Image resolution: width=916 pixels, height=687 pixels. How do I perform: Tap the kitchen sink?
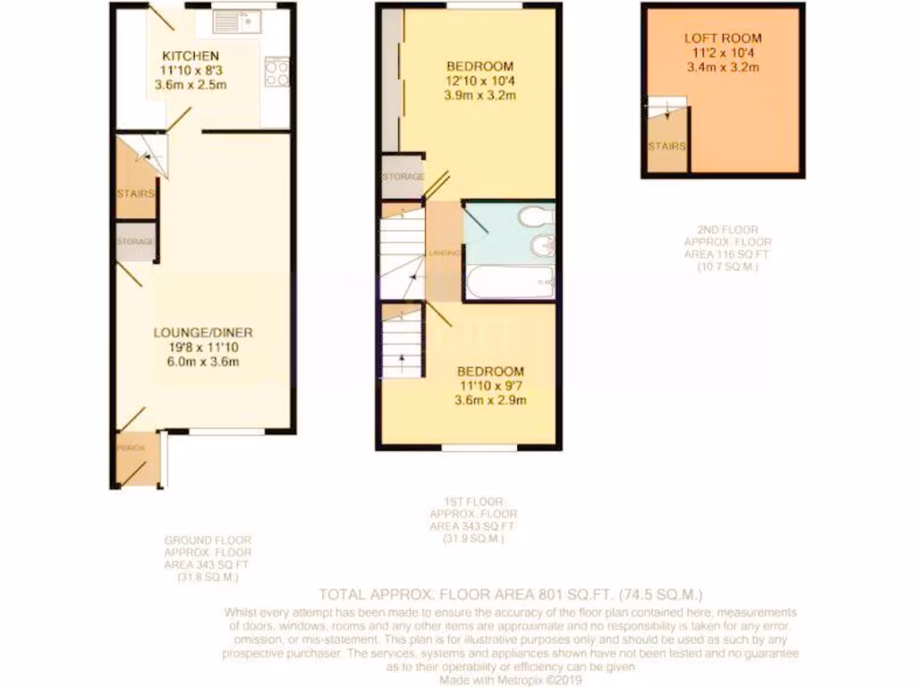(235, 19)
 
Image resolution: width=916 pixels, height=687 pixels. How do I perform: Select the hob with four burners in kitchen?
(277, 71)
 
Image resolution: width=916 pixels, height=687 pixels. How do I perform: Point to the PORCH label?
(130, 447)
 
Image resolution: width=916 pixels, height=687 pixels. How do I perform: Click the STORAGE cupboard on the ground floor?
(135, 242)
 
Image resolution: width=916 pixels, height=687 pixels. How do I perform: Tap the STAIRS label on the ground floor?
(135, 193)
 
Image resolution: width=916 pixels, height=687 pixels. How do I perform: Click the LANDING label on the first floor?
(445, 254)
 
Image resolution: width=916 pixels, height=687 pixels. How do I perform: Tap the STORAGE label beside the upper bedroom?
(403, 177)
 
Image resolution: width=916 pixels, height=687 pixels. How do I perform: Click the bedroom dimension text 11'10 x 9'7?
(491, 386)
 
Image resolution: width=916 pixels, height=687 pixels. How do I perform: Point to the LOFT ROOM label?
(723, 38)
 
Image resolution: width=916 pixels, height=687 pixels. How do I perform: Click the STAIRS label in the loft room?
(666, 147)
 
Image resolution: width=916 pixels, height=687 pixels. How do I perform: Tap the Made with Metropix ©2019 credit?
(511, 678)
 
